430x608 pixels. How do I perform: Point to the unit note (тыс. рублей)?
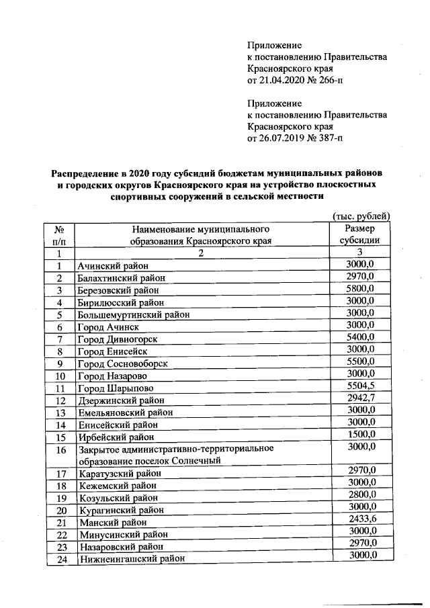[x=361, y=216]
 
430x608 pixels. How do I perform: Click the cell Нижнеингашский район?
[x=130, y=559]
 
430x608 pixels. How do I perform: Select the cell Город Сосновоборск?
[x=122, y=363]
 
